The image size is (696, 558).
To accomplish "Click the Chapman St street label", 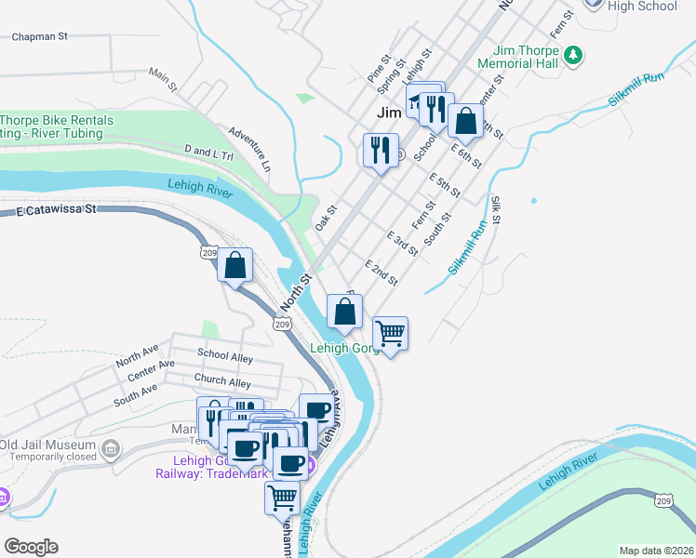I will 40,37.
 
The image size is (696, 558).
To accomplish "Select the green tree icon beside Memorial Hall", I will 576,56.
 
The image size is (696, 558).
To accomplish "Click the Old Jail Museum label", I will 47,444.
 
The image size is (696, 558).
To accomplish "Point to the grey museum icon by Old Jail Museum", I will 111,450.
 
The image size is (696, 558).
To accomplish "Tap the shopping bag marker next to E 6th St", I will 465,121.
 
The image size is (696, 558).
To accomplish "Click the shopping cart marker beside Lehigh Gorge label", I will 390,332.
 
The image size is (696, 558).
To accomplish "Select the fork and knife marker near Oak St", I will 380,149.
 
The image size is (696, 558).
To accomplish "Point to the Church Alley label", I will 222,381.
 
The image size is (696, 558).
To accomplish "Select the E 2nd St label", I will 381,272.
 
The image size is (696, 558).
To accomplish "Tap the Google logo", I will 31,547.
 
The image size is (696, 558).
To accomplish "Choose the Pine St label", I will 377,67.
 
